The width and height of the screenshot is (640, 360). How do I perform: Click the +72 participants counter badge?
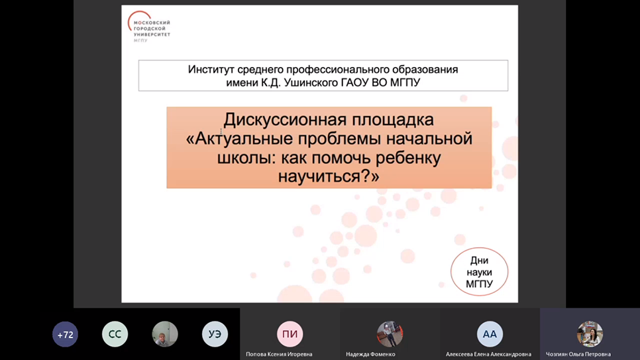point(65,335)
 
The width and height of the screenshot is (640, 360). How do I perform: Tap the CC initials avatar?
point(115,335)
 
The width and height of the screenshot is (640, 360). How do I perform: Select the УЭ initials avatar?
point(215,335)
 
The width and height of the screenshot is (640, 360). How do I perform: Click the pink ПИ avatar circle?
point(290,334)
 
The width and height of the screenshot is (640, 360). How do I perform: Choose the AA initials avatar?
point(490,334)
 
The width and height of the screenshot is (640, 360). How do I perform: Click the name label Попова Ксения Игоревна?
point(279,354)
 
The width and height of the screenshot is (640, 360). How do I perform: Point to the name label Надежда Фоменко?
point(370,354)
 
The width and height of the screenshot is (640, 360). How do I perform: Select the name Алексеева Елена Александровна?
point(488,354)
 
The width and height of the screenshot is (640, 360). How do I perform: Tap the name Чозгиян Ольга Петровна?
point(578,354)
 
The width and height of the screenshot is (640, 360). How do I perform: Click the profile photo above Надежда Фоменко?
point(390,334)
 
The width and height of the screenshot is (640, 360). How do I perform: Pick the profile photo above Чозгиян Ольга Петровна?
point(589,334)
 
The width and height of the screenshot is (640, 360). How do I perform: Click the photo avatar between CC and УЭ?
point(165,335)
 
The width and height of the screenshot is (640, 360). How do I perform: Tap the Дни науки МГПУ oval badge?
point(479,272)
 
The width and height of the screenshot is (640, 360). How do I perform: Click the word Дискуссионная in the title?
point(281,120)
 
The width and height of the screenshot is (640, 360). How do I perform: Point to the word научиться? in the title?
point(329,177)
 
